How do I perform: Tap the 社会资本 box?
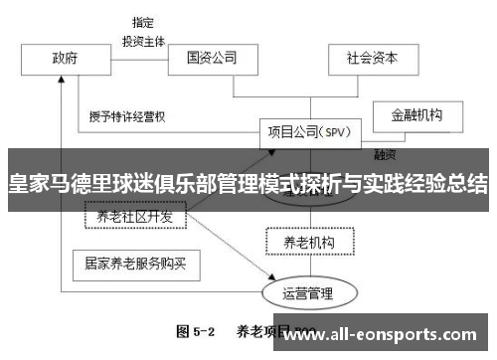tap(371, 58)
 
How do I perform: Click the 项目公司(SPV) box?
tap(307, 131)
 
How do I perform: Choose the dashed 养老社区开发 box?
tap(134, 216)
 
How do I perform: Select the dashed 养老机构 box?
tap(308, 241)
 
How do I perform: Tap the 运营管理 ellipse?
tap(308, 293)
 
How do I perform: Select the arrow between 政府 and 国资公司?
tap(137, 58)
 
